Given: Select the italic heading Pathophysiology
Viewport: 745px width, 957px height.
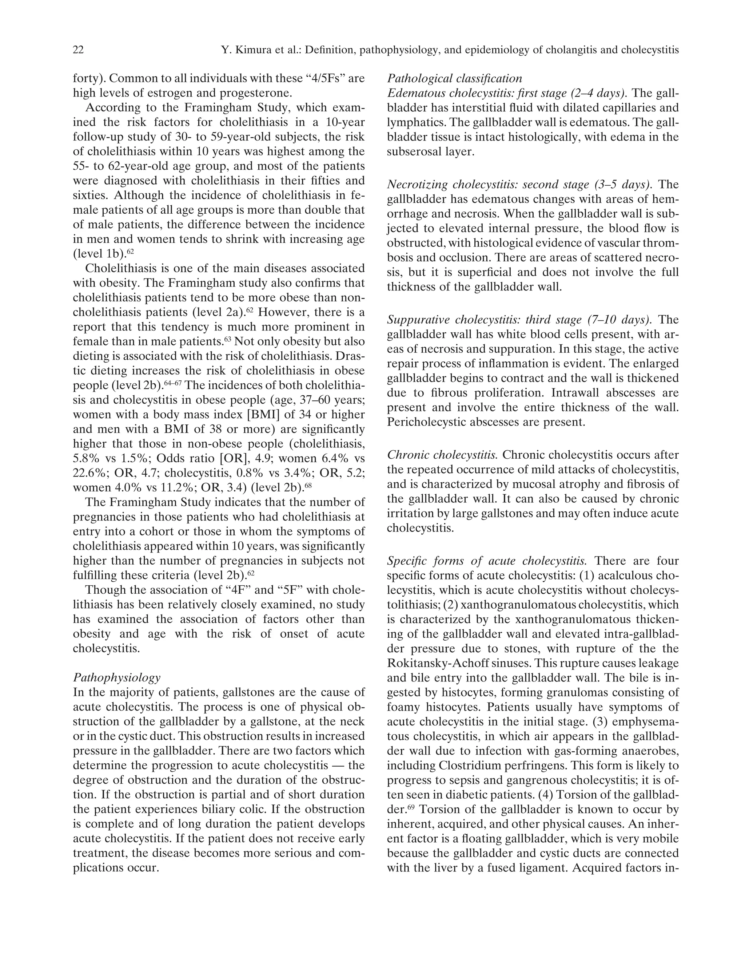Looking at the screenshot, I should [x=116, y=677].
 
